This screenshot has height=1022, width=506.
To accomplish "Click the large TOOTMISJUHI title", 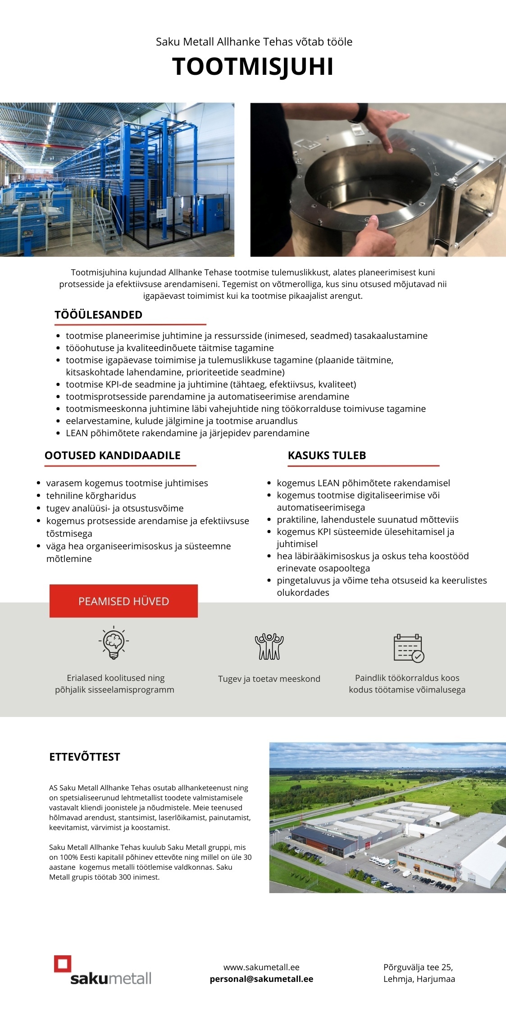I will point(253,67).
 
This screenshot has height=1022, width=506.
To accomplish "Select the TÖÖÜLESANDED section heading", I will point(98,315).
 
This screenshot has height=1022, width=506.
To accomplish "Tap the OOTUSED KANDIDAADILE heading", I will point(112,456).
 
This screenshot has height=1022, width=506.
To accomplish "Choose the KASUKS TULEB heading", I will point(327,456).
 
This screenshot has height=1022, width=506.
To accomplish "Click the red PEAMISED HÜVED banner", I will point(123,601).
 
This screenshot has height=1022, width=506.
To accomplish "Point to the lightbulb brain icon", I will point(114,643).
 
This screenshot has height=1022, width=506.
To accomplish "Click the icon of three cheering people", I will point(269,647).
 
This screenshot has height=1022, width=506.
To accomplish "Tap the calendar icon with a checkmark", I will point(408,648).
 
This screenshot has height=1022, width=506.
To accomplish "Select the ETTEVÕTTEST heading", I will point(85,757).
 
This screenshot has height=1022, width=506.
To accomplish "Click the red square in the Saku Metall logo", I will point(63,964).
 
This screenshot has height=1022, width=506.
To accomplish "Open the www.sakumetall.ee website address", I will point(261,967).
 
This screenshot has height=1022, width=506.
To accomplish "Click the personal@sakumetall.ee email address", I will point(261,979).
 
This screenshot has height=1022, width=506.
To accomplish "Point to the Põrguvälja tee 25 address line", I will point(418,967).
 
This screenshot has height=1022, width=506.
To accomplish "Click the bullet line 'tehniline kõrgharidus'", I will point(91,496).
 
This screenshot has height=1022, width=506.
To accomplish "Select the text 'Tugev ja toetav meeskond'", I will point(269,679).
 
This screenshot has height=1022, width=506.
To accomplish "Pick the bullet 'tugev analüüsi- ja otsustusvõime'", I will point(115,508).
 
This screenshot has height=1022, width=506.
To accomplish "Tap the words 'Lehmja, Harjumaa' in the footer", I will point(419,979).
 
